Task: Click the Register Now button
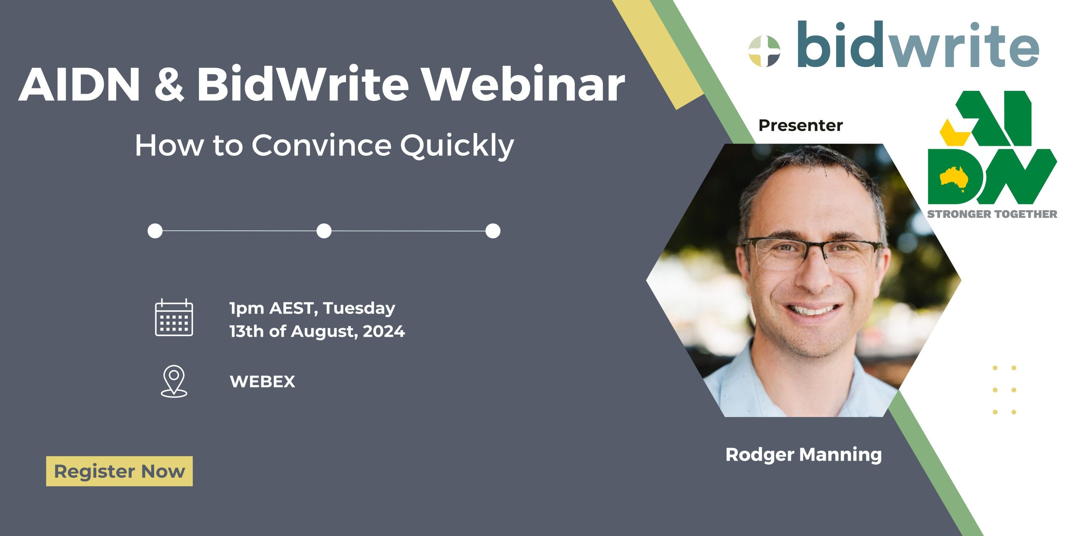tap(119, 471)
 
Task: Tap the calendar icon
tap(174, 318)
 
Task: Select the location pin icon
tap(174, 381)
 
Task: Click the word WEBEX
tap(263, 381)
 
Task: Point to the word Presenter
tap(801, 125)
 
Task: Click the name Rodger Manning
tap(804, 455)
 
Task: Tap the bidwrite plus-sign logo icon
tap(764, 51)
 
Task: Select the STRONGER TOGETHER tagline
tap(992, 214)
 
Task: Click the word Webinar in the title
tap(523, 84)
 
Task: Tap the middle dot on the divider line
tap(324, 231)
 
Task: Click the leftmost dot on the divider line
tap(155, 231)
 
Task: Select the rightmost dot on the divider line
tap(493, 231)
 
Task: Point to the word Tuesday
tap(359, 309)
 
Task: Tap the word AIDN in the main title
tap(79, 84)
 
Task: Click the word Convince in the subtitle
tap(322, 145)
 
